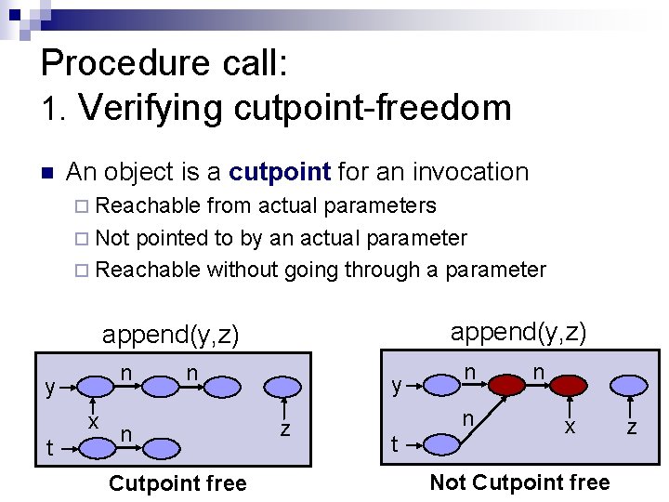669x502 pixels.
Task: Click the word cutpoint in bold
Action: tap(280, 172)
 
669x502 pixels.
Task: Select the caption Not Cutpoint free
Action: tap(519, 482)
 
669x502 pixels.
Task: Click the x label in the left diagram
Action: tap(93, 420)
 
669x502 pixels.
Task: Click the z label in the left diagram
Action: tap(285, 429)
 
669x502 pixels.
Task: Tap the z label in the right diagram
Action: tap(632, 427)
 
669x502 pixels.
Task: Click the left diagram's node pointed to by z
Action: tap(283, 385)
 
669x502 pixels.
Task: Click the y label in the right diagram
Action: tap(397, 385)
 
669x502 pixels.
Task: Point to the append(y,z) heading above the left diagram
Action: tap(170, 335)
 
